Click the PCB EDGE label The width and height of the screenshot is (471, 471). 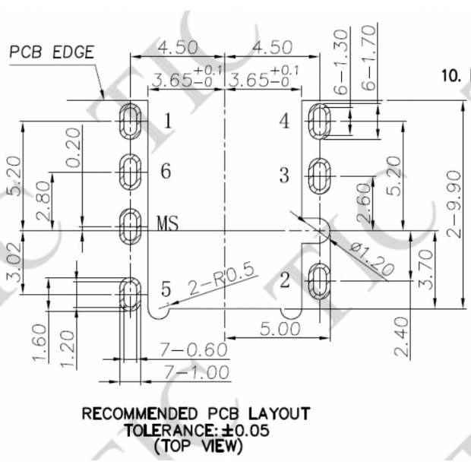coord(52,52)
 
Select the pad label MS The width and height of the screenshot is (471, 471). coord(168,223)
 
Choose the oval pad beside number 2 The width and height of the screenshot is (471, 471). coord(320,280)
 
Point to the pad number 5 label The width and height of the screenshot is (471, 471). coord(166,289)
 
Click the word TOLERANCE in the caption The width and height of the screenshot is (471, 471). coord(166,430)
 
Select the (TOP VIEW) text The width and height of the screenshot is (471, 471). coord(196,446)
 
